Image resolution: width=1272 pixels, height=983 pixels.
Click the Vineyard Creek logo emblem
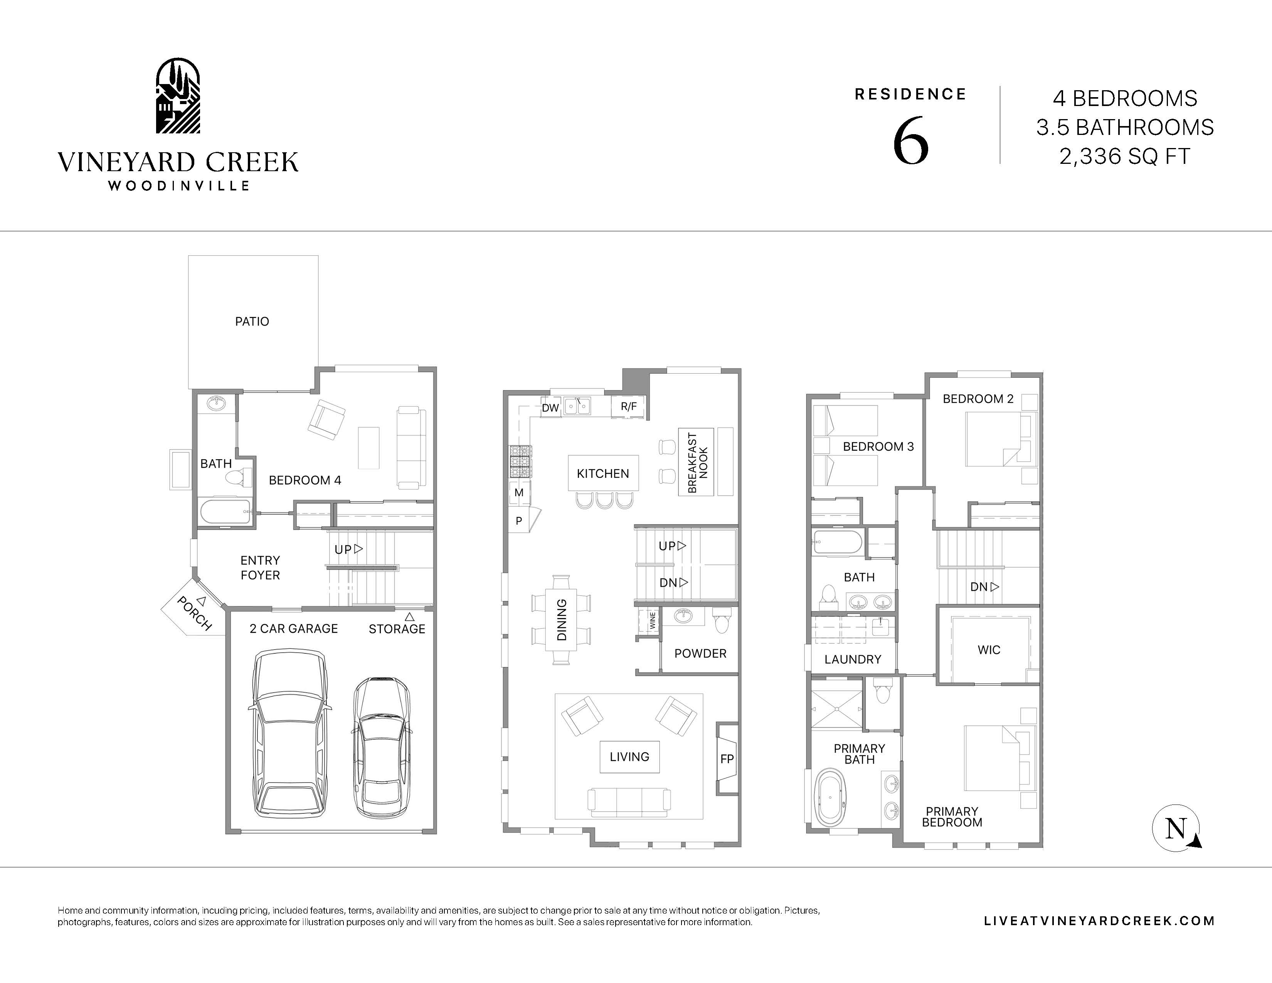[178, 96]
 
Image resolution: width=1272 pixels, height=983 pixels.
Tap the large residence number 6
[910, 141]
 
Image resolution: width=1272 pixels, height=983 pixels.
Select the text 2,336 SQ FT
[1125, 157]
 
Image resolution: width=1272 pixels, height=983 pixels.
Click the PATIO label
[252, 321]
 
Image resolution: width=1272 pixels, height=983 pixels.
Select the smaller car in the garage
[381, 748]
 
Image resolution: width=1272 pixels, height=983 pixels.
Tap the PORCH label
[194, 613]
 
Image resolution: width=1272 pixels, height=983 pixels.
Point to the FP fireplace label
[727, 759]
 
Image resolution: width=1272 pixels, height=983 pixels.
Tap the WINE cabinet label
[652, 620]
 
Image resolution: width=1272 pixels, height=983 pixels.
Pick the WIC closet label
[989, 650]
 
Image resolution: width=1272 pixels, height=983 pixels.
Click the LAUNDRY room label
[853, 659]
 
